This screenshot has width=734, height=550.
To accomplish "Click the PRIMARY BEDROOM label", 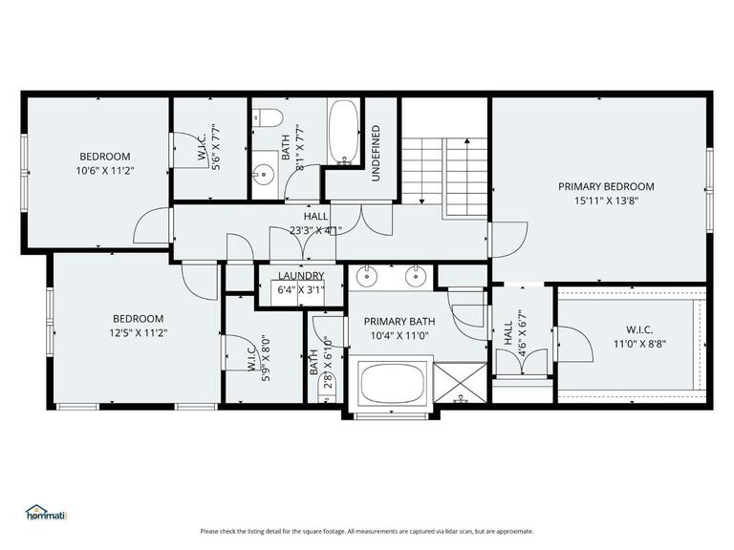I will coord(606,186).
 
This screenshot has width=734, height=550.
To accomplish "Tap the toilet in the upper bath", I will coord(268,117).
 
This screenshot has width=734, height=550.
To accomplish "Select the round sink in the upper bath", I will coord(263,175).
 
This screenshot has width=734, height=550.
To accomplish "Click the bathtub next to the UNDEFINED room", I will coord(343,133).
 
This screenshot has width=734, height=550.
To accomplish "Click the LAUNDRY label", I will coord(300,276).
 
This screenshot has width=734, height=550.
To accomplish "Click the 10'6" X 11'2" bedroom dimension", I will coord(105,171).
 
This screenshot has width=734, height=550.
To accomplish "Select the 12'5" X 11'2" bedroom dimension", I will coord(138,333).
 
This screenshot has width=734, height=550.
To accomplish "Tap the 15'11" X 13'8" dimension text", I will coord(606,201).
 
